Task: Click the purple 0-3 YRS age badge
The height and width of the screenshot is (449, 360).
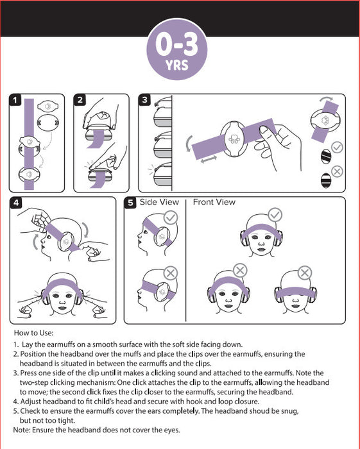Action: click(176, 49)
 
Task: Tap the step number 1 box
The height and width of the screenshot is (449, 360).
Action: click(15, 100)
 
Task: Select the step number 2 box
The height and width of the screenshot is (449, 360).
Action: click(80, 100)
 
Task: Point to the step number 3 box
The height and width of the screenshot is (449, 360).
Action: click(144, 100)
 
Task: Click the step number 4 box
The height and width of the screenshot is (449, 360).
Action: click(16, 203)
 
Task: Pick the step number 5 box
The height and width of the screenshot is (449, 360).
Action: click(131, 203)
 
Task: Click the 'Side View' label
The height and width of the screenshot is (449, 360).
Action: click(159, 202)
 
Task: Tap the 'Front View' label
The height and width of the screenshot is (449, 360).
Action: click(214, 202)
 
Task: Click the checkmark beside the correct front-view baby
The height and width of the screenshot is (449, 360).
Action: click(275, 215)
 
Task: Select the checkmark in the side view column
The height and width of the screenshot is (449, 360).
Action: click(171, 218)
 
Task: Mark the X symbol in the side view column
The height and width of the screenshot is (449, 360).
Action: click(171, 273)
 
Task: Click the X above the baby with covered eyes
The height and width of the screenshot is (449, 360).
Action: click(305, 273)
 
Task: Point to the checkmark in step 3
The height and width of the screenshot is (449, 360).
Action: click(337, 148)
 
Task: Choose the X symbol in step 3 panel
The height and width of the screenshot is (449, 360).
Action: click(337, 172)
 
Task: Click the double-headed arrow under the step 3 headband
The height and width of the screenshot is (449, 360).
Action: click(209, 159)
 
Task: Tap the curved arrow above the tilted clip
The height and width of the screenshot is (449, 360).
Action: click(326, 99)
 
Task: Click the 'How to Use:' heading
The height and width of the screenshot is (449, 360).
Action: click(34, 333)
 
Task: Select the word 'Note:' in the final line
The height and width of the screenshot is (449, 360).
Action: click(22, 430)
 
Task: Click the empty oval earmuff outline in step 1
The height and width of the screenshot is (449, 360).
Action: click(48, 123)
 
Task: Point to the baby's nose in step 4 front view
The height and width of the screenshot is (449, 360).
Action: click(62, 302)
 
